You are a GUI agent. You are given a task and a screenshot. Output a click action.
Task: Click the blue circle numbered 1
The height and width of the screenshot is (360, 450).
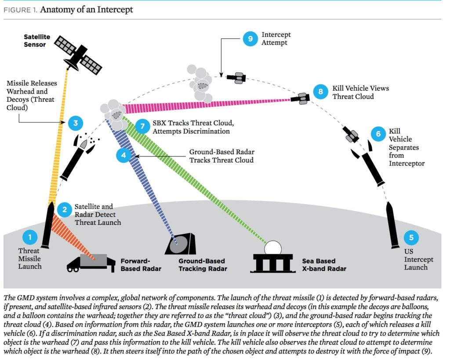click(x=30, y=238)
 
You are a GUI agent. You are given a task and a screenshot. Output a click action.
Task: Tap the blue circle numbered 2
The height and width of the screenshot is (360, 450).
click(x=65, y=209)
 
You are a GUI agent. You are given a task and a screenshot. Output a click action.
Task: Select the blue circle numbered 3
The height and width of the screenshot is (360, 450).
click(x=76, y=123)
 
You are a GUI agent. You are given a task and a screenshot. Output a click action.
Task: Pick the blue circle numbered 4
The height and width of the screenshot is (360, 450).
click(x=123, y=155)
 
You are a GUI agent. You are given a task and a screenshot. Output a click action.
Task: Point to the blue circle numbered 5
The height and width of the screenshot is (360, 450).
click(x=411, y=238)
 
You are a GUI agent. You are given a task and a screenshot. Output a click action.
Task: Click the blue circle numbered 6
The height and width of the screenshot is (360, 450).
click(x=377, y=133)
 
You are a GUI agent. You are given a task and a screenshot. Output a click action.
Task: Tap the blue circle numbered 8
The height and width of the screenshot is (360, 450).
click(x=321, y=91)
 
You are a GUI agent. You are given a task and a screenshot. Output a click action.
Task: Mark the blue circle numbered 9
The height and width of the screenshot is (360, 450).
click(x=250, y=38)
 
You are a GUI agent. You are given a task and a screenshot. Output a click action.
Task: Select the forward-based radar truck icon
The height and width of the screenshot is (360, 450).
click(x=90, y=263)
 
